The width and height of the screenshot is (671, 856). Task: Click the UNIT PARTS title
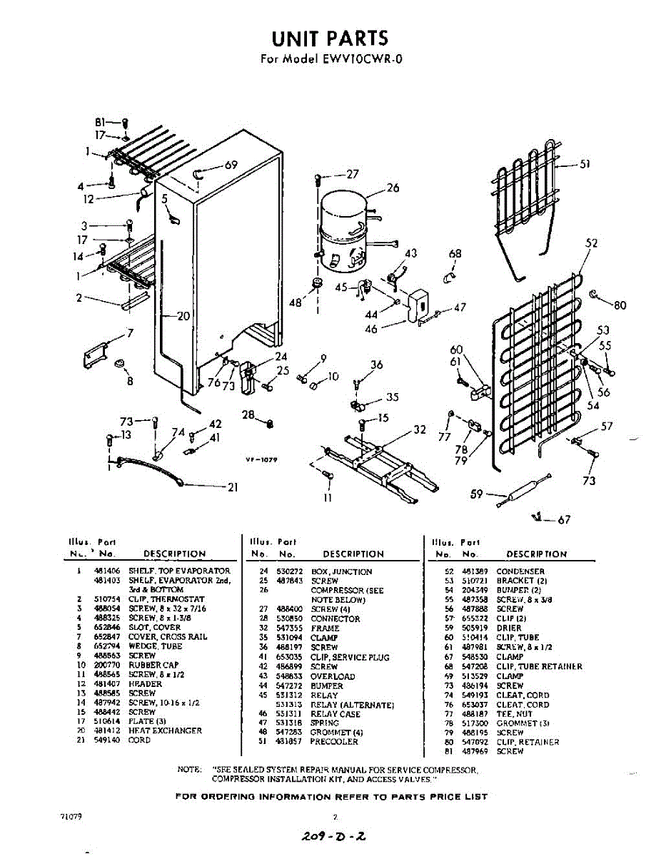click(x=329, y=37)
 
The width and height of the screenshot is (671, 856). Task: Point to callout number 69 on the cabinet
click(x=231, y=165)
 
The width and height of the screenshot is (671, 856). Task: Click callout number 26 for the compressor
click(x=393, y=188)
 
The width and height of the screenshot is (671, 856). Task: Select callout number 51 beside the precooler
click(x=585, y=163)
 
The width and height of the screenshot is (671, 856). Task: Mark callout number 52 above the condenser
click(x=591, y=243)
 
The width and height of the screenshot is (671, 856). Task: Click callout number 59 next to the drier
click(x=478, y=493)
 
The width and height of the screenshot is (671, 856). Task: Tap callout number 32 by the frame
click(x=420, y=429)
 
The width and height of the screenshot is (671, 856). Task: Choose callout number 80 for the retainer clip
click(x=620, y=305)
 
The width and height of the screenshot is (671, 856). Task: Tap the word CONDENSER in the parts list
click(x=520, y=571)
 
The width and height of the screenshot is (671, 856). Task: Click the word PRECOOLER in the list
click(x=335, y=742)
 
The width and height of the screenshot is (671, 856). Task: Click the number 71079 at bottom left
click(x=71, y=816)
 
